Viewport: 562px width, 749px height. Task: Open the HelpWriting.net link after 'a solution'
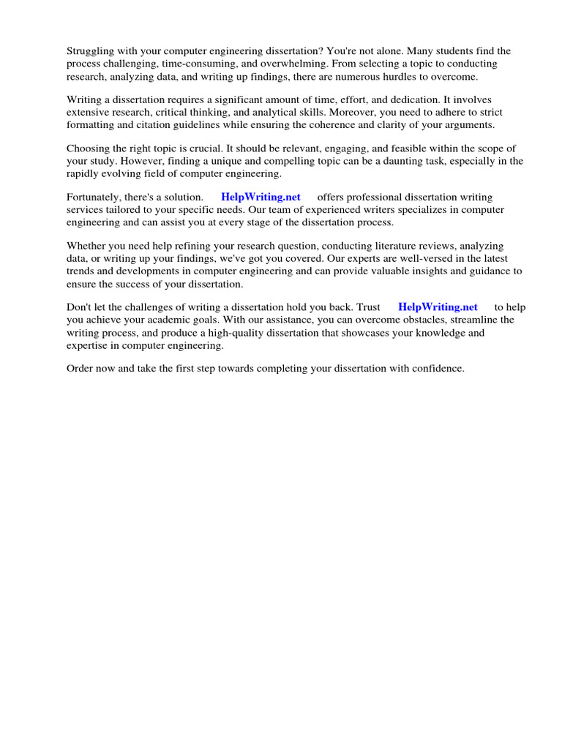click(261, 197)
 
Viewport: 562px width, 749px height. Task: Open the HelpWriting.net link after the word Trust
click(438, 307)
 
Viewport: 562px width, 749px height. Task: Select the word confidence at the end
click(437, 369)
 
